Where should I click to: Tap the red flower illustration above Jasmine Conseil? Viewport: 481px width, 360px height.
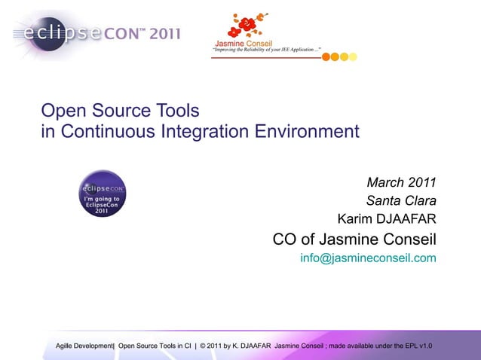(246, 26)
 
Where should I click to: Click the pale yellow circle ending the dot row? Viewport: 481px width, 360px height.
(353, 56)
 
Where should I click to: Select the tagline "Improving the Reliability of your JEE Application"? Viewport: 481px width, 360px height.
(268, 49)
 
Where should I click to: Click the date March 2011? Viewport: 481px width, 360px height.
(401, 183)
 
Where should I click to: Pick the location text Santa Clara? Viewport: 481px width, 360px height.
(401, 201)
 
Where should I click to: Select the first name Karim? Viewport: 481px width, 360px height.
(353, 219)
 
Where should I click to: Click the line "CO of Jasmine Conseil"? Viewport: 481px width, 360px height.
(354, 240)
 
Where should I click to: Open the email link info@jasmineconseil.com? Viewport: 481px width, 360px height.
(368, 258)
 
